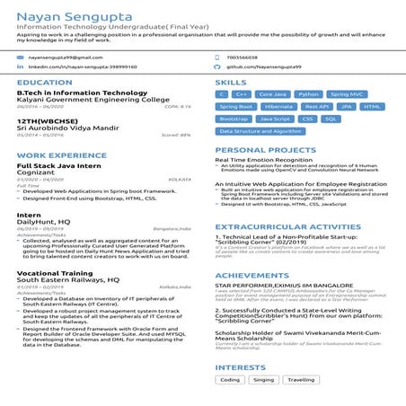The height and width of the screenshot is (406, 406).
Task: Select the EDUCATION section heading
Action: tap(40, 82)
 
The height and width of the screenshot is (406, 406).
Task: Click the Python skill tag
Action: tap(308, 93)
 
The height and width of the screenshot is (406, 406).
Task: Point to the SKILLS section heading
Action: tap(231, 82)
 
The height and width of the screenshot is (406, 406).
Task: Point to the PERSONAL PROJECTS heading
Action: tap(260, 149)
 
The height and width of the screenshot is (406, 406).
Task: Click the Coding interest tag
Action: tap(231, 380)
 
